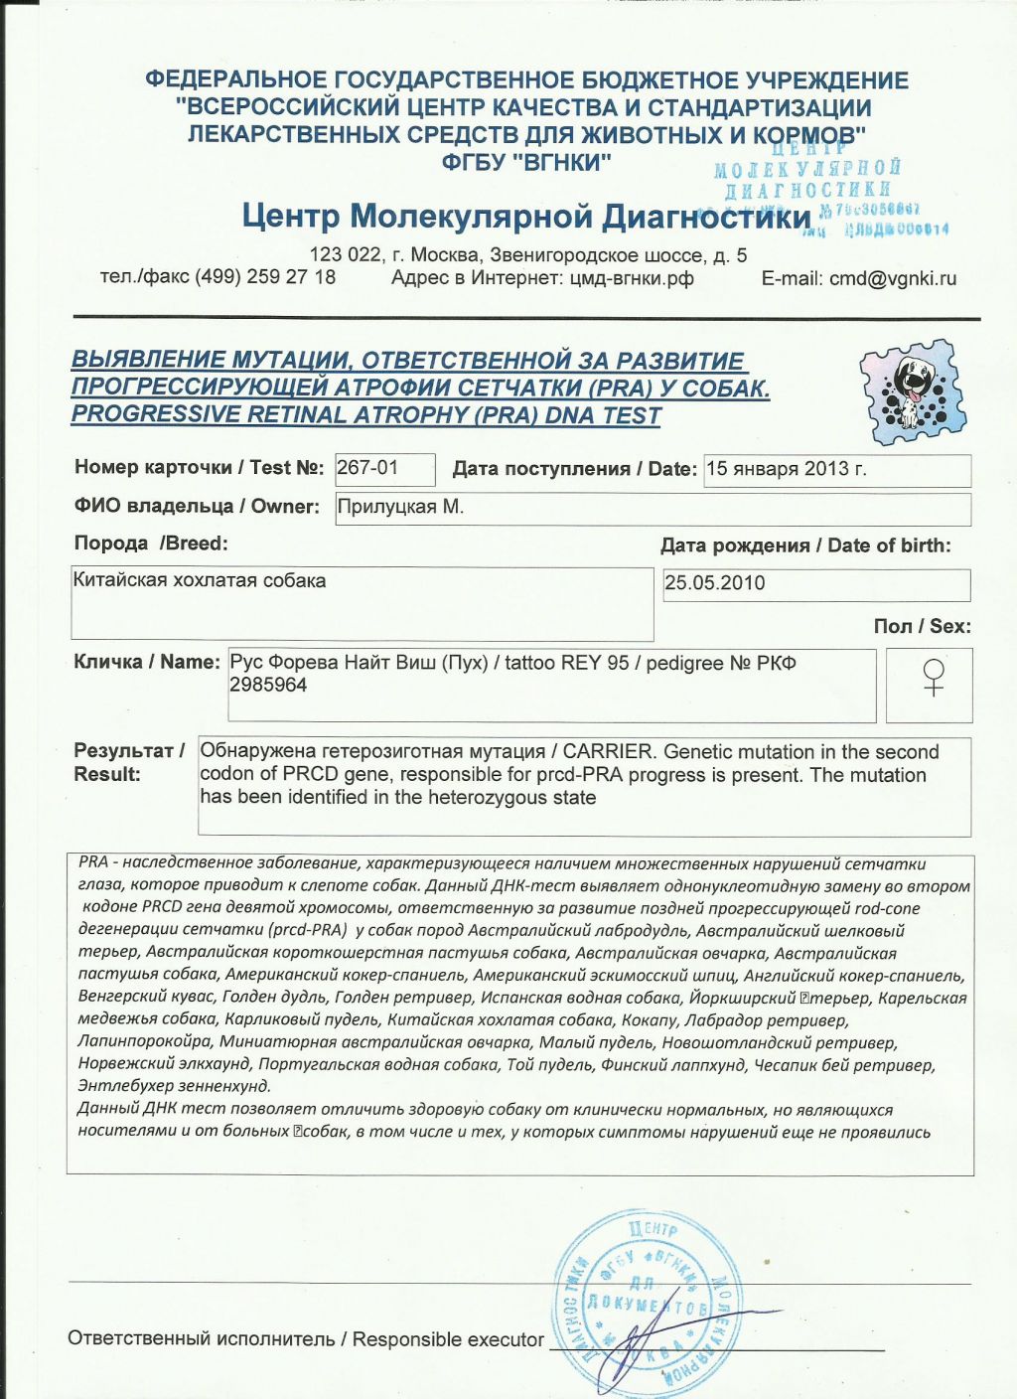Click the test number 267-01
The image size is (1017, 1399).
point(366,468)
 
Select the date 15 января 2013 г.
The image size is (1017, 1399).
point(786,469)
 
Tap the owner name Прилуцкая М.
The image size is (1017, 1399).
point(400,507)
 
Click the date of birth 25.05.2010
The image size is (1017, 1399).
point(715,583)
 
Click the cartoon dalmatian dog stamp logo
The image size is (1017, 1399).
point(910,389)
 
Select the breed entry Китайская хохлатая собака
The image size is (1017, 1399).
point(200,581)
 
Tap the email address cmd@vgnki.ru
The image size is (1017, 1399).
point(893,278)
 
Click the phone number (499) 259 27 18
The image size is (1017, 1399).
point(265,277)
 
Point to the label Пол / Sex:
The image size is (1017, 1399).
point(922,626)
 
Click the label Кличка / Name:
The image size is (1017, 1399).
point(146,662)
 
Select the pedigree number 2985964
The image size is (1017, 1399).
point(268,685)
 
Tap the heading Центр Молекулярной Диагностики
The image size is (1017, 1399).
point(526,216)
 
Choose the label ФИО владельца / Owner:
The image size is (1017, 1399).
point(197,507)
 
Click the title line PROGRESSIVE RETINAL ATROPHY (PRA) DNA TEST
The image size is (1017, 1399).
point(365,415)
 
